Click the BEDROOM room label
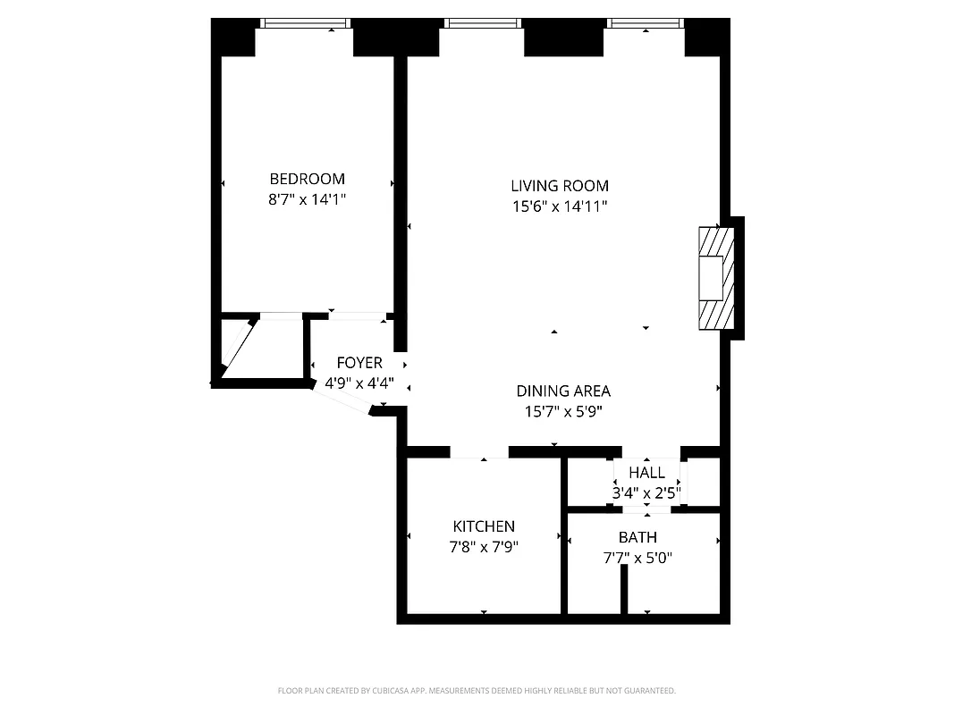pyautogui.click(x=307, y=179)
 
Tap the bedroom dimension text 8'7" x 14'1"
pyautogui.click(x=307, y=200)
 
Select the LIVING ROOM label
pyautogui.click(x=560, y=186)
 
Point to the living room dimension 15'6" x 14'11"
pyautogui.click(x=560, y=207)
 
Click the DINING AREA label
pyautogui.click(x=563, y=391)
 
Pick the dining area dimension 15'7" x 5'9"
pyautogui.click(x=563, y=412)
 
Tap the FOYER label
pyautogui.click(x=359, y=363)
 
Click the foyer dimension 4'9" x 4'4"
pyautogui.click(x=359, y=383)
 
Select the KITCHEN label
pyautogui.click(x=484, y=526)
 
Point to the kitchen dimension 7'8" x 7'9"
pyautogui.click(x=484, y=547)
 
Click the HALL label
pyautogui.click(x=646, y=473)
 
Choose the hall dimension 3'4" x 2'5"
pyautogui.click(x=646, y=492)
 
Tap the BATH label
pyautogui.click(x=637, y=537)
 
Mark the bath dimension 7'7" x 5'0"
pyautogui.click(x=637, y=559)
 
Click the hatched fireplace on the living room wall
pyautogui.click(x=716, y=278)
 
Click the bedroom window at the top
pyautogui.click(x=304, y=23)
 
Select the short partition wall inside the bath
pyautogui.click(x=625, y=589)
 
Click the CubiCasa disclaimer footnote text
pyautogui.click(x=477, y=691)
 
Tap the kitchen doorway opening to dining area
pyautogui.click(x=479, y=452)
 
